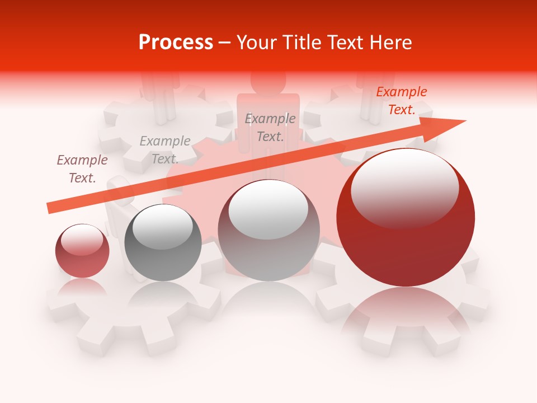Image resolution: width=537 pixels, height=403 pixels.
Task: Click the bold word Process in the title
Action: (176, 43)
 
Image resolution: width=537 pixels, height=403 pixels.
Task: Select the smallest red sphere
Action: (82, 251)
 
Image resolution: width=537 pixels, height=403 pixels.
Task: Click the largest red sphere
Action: (406, 218)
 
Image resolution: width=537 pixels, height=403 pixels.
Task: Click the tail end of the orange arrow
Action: (50, 208)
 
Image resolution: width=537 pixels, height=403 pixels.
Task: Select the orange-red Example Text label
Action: (401, 101)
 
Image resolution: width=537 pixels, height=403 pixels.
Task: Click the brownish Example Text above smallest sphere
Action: (82, 169)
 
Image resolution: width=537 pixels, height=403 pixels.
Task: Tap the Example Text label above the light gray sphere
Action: (270, 127)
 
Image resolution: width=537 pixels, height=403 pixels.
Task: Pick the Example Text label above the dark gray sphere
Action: (165, 150)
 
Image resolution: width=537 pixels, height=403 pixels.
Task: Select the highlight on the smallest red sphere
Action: (82, 239)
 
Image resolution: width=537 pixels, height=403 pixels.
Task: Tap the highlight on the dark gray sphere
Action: (163, 229)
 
